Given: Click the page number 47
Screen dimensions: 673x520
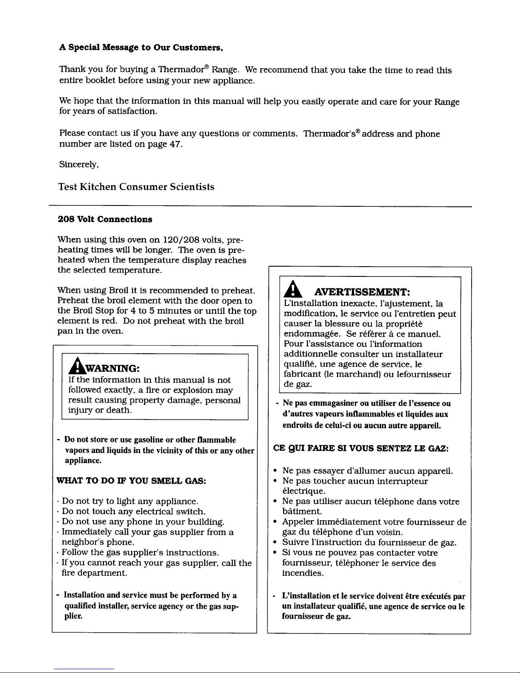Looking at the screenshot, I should (176, 144).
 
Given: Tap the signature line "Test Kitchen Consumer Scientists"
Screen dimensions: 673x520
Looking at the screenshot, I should (136, 187).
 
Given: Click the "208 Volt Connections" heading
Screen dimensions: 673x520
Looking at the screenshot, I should (105, 220).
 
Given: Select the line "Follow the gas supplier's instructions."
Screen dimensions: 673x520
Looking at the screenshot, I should (140, 553).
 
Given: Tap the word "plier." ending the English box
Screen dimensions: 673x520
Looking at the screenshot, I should (73, 616).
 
